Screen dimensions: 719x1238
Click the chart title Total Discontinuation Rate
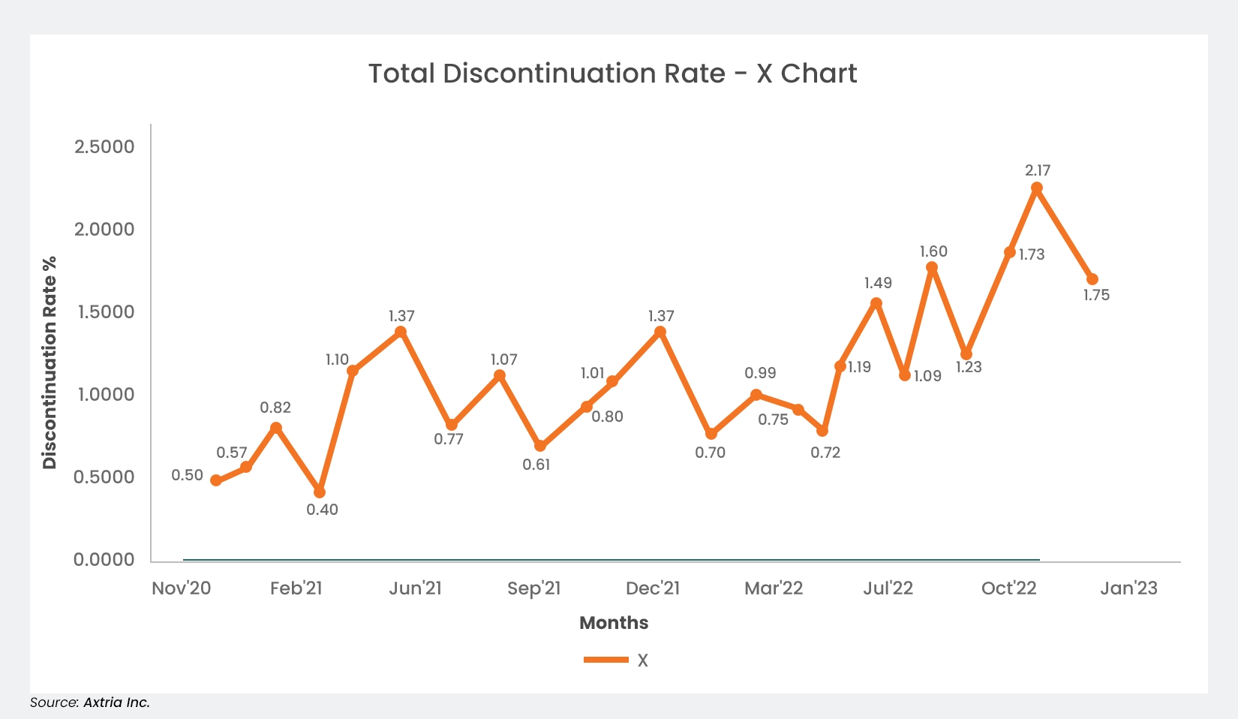[612, 74]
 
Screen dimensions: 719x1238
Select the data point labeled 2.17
[1037, 188]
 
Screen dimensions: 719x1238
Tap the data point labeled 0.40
[320, 492]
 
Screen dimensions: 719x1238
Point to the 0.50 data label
[188, 475]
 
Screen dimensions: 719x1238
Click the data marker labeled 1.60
[932, 268]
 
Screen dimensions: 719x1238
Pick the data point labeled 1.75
[1092, 279]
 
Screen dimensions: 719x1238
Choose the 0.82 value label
[275, 408]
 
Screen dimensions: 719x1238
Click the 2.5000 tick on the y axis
[104, 146]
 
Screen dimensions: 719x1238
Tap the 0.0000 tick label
[104, 559]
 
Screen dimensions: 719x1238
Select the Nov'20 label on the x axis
[182, 588]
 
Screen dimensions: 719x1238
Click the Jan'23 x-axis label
[1128, 588]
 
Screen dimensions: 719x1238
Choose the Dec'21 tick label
[653, 588]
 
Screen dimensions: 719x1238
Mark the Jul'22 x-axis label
[888, 588]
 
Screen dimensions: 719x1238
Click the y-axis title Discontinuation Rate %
[50, 363]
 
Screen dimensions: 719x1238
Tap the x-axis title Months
[614, 623]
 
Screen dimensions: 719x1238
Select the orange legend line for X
[606, 660]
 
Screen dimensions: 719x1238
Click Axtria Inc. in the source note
[116, 702]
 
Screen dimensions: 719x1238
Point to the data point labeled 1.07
[500, 376]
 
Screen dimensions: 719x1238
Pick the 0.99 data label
[760, 373]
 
